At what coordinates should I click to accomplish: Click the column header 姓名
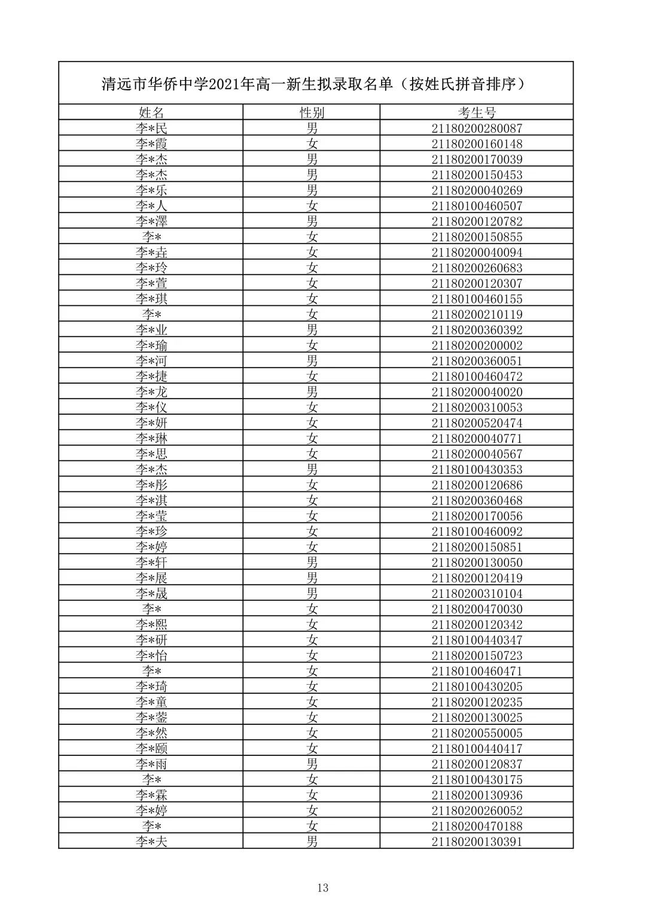point(151,113)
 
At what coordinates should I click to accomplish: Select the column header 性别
point(312,113)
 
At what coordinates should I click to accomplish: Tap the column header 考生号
point(477,113)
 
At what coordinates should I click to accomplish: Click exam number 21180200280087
point(477,128)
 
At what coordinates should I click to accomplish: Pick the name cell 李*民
point(151,128)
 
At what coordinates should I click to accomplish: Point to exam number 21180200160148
point(477,144)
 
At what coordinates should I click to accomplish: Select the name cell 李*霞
point(151,144)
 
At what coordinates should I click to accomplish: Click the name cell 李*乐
point(151,190)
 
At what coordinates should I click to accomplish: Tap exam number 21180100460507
point(477,206)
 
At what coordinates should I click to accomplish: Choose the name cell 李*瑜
point(151,345)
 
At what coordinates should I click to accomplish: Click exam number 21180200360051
point(477,361)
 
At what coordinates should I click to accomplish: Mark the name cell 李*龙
point(151,392)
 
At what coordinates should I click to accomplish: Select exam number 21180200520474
point(477,423)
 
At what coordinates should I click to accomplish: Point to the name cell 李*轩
point(151,563)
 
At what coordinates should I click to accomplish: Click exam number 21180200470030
point(477,609)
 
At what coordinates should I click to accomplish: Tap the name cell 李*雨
point(151,764)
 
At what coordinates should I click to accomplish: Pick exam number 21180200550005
point(477,733)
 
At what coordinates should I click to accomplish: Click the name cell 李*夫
point(151,842)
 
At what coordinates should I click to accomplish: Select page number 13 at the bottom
point(323,888)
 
